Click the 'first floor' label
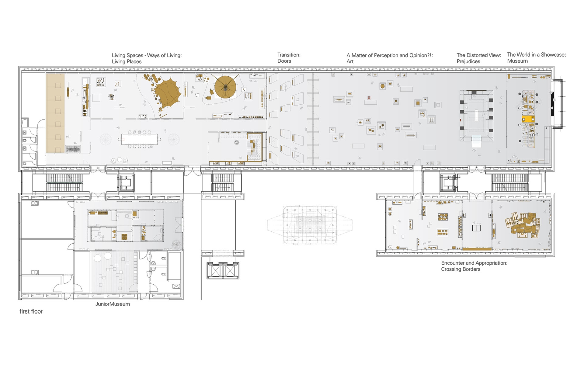click(31, 311)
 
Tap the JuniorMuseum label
click(113, 304)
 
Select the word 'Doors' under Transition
click(284, 61)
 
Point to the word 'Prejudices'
click(468, 61)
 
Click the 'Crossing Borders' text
click(461, 269)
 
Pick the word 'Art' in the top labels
click(350, 61)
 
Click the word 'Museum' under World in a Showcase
click(517, 61)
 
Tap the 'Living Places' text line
click(127, 61)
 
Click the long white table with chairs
click(141, 140)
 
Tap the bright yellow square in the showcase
click(528, 119)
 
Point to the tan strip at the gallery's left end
click(55, 113)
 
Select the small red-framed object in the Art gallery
click(369, 98)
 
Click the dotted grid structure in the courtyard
click(310, 225)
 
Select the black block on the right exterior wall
click(552, 104)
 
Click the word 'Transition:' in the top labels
click(289, 55)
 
